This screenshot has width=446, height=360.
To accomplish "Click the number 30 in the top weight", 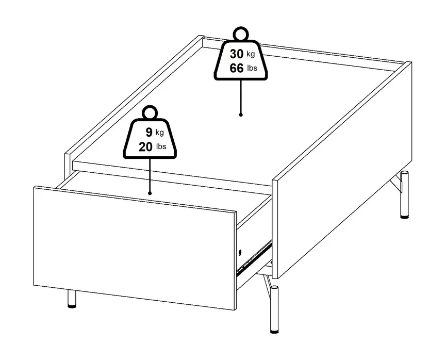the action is point(237,54).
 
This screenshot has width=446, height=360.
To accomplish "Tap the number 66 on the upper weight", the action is point(237,68).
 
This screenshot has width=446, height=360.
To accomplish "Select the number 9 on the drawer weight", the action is point(149,133).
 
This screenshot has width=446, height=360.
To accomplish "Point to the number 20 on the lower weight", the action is point(145,147).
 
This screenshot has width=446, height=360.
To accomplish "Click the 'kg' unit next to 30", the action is point(251,54).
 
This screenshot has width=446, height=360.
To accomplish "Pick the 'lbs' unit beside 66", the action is point(252,68).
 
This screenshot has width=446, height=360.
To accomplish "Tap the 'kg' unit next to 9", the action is point(159,133).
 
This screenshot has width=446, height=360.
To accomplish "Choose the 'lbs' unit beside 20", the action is point(161,146).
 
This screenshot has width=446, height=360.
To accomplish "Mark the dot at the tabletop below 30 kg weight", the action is point(241,114).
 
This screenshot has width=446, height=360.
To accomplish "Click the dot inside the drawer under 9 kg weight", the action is point(150,193).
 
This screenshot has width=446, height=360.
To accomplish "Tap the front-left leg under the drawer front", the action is point(72,299).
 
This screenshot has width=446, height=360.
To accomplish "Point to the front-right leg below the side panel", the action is point(274,309).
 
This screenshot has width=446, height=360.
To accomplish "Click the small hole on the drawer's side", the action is point(240,252).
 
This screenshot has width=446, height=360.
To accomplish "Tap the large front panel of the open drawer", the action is point(135,248).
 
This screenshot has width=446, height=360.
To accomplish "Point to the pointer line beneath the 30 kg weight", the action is point(241,96).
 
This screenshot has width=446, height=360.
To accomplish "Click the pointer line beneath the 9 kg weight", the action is point(150,175).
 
